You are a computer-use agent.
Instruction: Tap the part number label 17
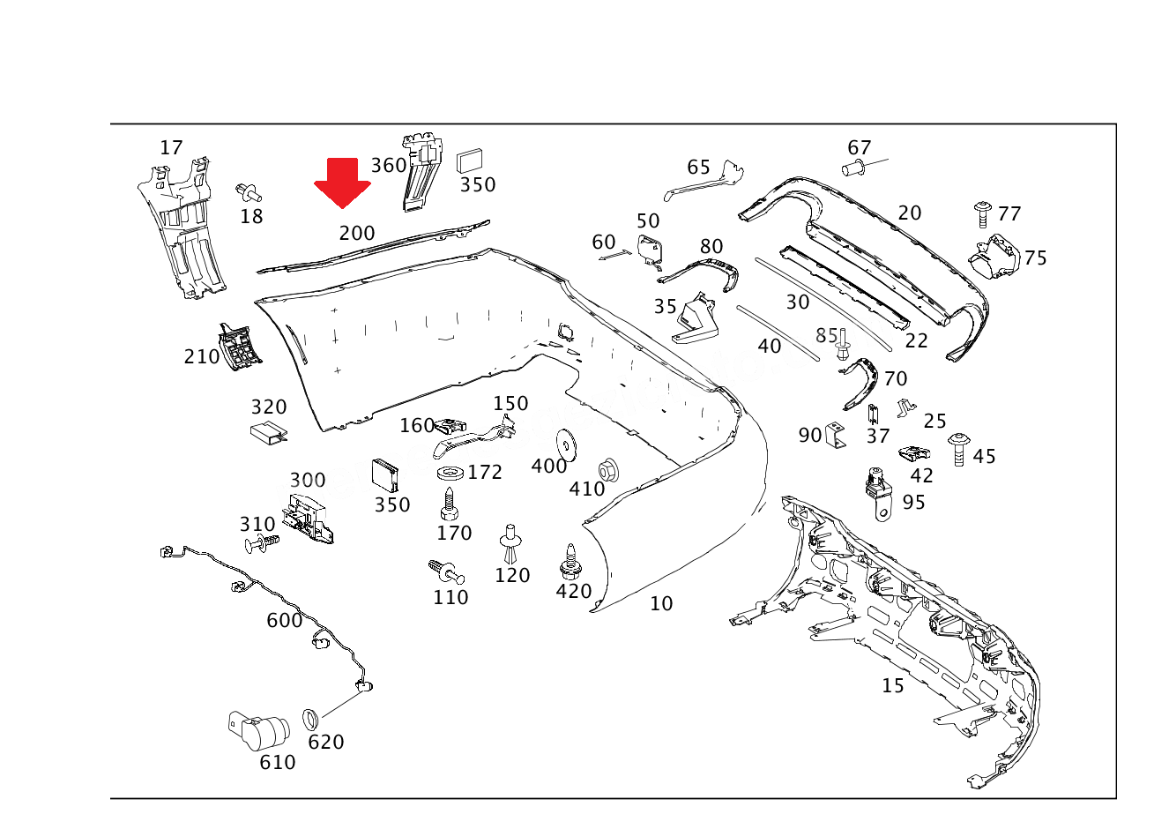coord(171,147)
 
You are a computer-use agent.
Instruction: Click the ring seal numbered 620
coord(310,719)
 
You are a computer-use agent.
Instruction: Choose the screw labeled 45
coord(958,449)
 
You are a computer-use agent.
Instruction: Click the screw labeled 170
coord(450,504)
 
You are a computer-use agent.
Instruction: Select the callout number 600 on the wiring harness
coord(285,620)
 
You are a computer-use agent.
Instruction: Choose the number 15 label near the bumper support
coord(893,685)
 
